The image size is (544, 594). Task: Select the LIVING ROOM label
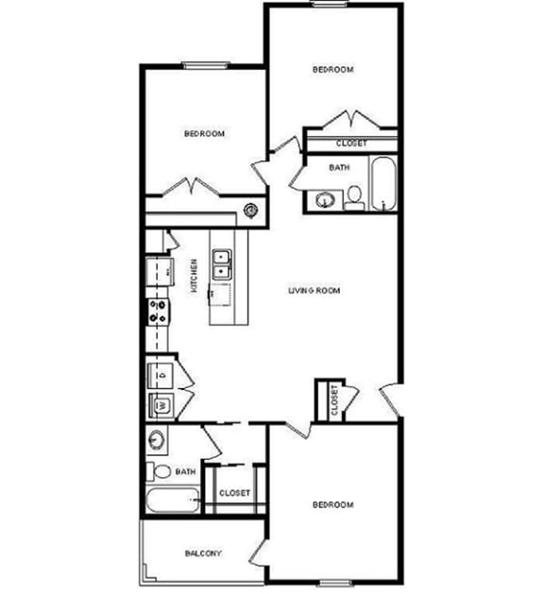(314, 290)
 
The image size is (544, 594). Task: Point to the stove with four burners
(157, 312)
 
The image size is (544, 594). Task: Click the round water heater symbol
(250, 211)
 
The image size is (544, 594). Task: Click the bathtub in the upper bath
(382, 184)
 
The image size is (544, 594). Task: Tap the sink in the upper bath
(325, 200)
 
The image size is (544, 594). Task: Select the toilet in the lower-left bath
(160, 471)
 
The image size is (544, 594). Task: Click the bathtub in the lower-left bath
(172, 500)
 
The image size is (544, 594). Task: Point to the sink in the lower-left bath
(158, 441)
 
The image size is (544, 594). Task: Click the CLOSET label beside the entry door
(335, 400)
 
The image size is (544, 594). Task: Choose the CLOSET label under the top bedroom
(351, 144)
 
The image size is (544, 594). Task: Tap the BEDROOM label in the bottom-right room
(332, 505)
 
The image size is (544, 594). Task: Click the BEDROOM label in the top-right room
(332, 70)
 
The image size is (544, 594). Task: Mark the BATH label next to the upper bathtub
(339, 167)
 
